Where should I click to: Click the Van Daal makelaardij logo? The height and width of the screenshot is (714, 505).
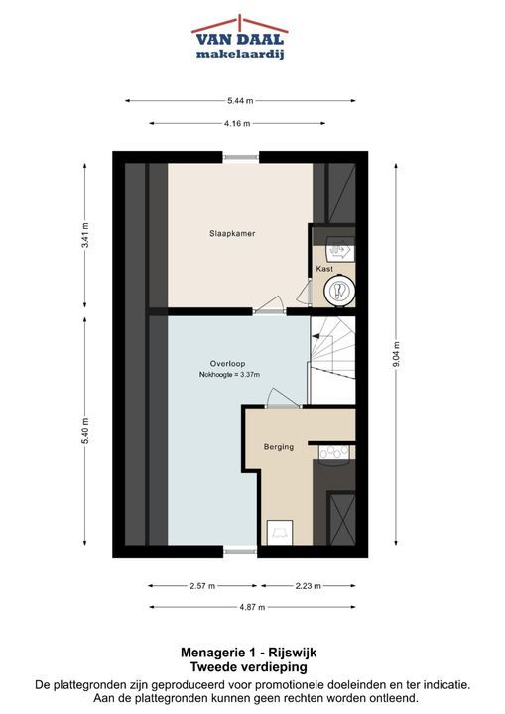point(240,38)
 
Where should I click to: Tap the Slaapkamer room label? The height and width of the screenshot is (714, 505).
point(232,234)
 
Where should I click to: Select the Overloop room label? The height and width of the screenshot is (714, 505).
point(227,363)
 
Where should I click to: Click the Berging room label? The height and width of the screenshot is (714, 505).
point(279,447)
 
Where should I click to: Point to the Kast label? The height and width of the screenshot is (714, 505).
point(324,269)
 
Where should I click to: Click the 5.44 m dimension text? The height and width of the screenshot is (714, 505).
point(240,101)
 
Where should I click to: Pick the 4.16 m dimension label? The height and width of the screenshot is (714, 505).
point(237,123)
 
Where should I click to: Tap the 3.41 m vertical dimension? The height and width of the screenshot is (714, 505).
point(85,235)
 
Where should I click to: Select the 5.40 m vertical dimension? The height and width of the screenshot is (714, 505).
point(85,430)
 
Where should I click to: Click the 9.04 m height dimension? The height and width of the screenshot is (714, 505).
point(396,355)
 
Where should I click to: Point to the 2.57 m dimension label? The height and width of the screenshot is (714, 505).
point(202,586)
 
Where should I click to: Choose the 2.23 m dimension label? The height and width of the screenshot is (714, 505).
point(309,586)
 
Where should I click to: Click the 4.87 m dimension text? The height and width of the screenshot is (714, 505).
point(252,607)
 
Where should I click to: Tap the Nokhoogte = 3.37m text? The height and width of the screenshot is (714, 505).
point(229,375)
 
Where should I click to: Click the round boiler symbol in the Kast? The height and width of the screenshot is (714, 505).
point(339,291)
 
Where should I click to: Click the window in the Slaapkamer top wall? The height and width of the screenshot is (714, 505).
point(241,157)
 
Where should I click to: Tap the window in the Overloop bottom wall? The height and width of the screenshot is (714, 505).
point(241,552)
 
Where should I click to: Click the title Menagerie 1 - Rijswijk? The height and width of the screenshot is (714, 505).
point(248,653)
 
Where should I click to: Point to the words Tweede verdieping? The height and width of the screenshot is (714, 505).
point(248,667)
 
